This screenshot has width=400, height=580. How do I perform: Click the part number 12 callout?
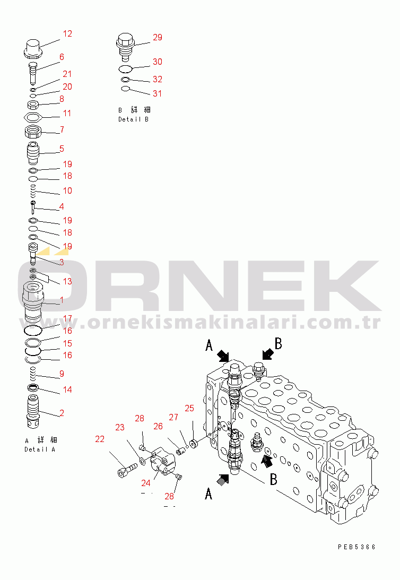click(67, 34)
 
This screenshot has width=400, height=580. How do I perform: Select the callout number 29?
click(158, 38)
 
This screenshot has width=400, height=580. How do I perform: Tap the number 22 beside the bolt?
click(100, 439)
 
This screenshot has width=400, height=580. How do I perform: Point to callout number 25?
click(189, 408)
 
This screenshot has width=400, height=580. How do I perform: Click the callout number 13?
click(67, 281)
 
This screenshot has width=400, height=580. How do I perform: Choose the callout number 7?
click(62, 130)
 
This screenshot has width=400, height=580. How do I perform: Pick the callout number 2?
click(62, 412)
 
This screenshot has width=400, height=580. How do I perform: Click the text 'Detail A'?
click(40, 449)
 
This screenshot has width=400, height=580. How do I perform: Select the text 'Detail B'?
click(133, 119)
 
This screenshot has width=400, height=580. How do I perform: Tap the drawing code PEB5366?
click(356, 547)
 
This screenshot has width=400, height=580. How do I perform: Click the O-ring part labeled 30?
click(125, 69)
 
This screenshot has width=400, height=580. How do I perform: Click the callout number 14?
click(67, 390)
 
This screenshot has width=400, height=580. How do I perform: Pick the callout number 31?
click(158, 94)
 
